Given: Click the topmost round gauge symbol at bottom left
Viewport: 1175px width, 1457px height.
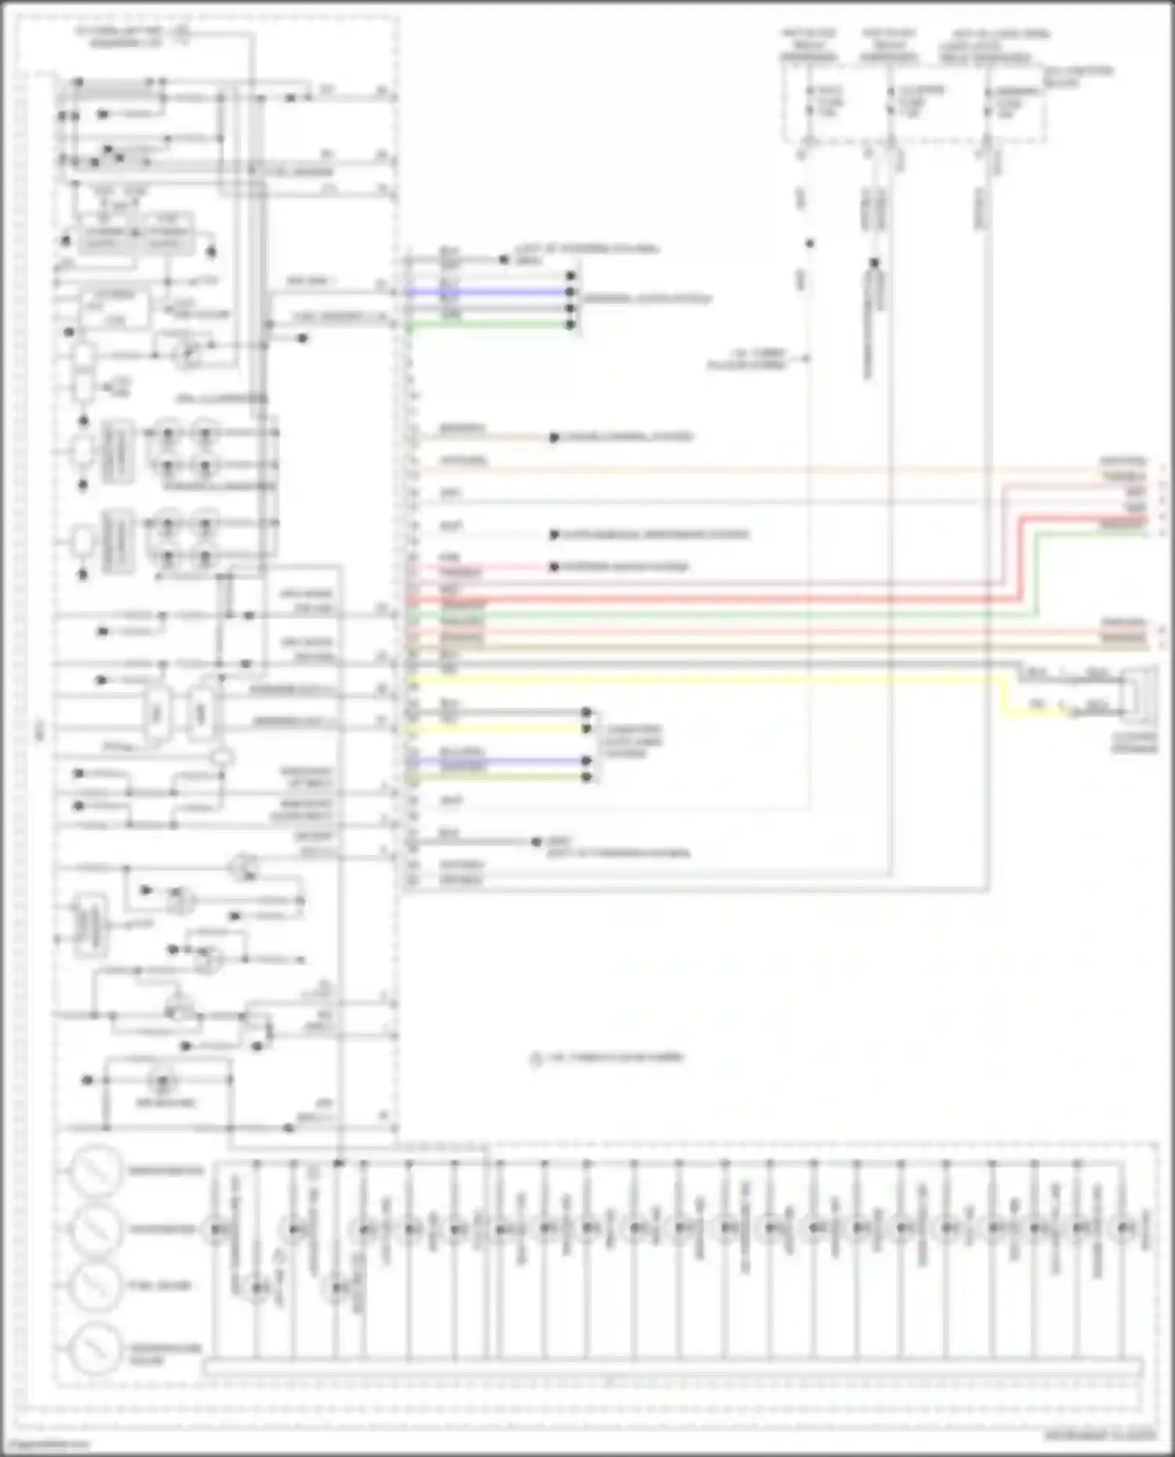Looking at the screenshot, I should click(x=96, y=1170).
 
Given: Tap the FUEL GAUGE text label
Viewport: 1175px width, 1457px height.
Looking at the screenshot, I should click(x=160, y=1286).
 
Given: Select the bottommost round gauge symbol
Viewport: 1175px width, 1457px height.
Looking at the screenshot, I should click(x=96, y=1348).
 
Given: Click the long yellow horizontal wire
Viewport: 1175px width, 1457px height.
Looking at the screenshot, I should click(x=705, y=680).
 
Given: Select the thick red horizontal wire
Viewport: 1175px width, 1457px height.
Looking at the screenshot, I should click(x=705, y=600).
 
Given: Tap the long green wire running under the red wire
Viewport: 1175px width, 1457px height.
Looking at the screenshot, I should click(x=705, y=616).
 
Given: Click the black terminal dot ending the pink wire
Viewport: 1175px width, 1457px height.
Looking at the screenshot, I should click(x=554, y=567).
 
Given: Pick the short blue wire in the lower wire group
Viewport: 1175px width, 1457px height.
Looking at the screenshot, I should click(x=501, y=760).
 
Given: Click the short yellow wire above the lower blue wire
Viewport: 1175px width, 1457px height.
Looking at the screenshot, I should click(x=501, y=729).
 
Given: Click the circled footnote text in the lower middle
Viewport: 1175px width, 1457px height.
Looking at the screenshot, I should click(x=607, y=1058).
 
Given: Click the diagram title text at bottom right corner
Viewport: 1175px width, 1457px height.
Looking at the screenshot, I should click(x=1100, y=1436).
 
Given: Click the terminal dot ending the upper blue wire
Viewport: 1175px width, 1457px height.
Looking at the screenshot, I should click(x=571, y=292).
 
